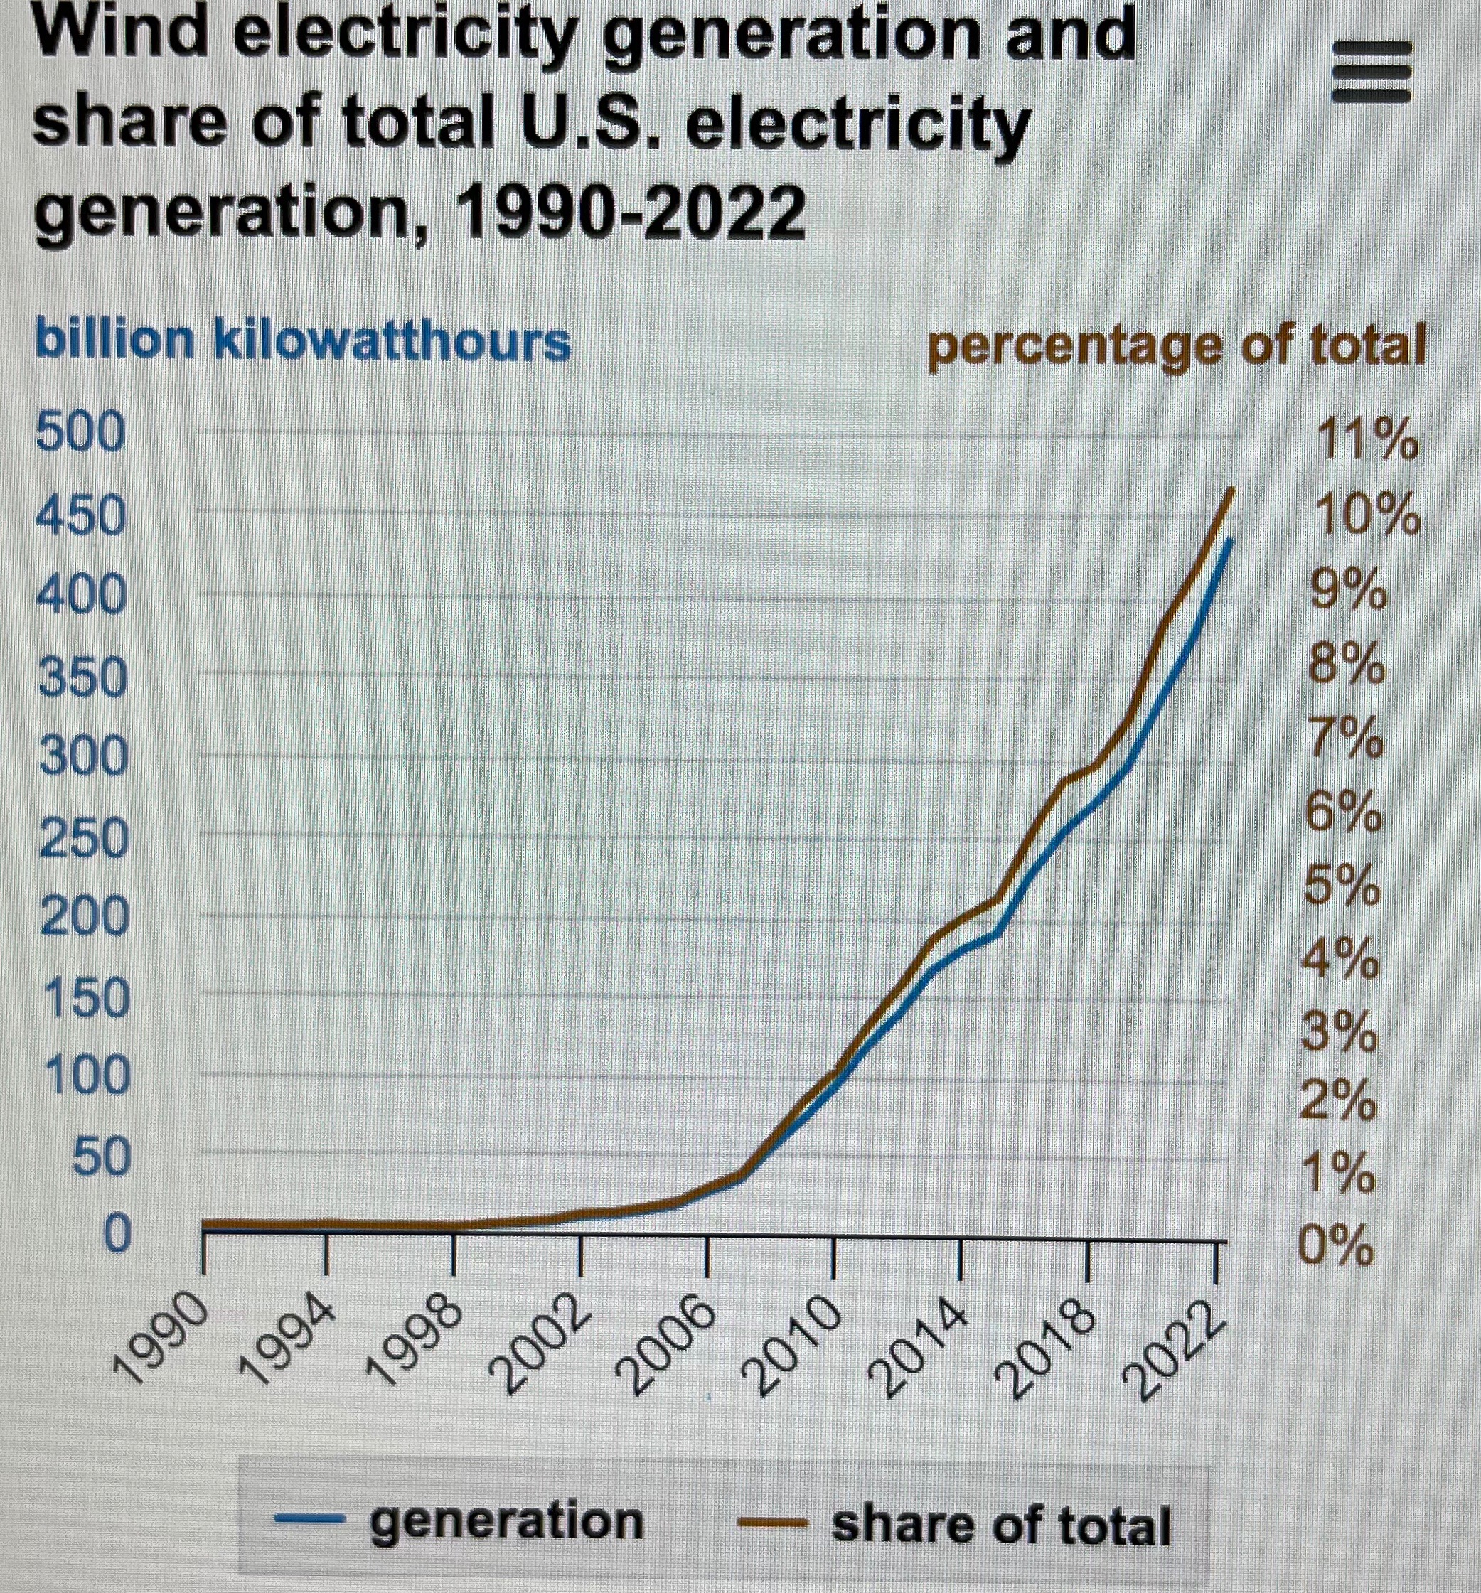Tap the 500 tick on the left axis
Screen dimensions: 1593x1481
pos(80,434)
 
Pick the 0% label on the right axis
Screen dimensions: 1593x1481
pos(1337,1247)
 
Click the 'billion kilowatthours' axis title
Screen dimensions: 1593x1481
pos(302,341)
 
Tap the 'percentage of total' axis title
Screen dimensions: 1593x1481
pos(1176,347)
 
